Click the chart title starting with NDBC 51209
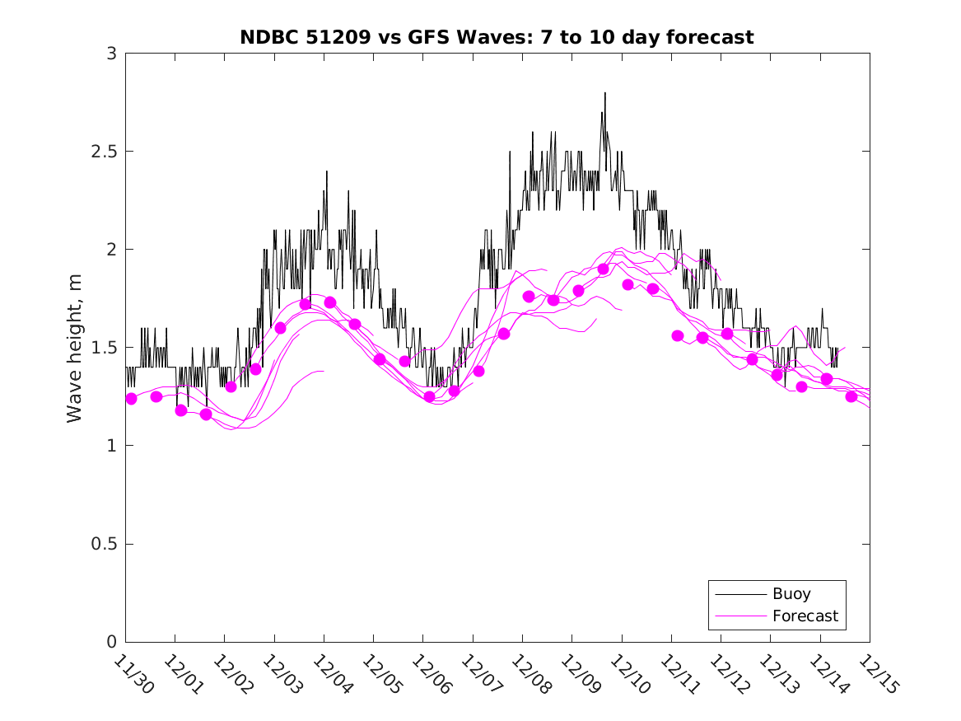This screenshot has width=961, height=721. tap(497, 37)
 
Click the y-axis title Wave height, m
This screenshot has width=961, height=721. tap(75, 347)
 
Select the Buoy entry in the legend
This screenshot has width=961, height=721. tap(791, 593)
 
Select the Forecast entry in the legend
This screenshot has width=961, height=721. tap(805, 616)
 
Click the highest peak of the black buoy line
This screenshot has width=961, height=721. tap(604, 93)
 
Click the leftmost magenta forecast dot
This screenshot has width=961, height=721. tap(131, 399)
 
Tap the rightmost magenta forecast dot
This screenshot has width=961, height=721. tap(851, 396)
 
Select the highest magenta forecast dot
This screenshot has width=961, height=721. tap(603, 269)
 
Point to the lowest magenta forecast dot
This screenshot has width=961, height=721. tap(206, 414)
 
